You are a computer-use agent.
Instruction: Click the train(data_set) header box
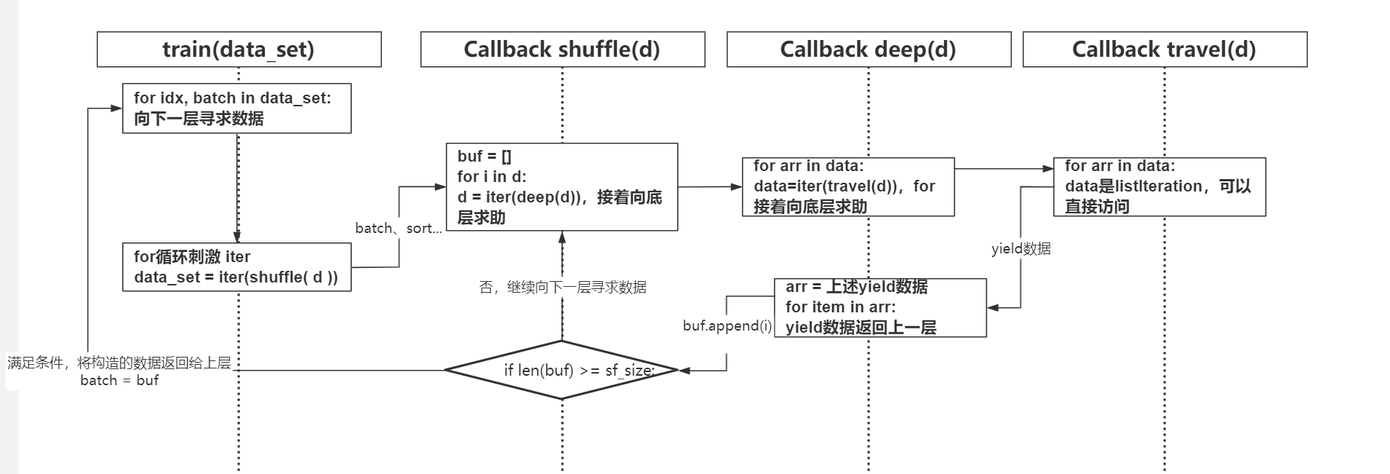pyautogui.click(x=239, y=50)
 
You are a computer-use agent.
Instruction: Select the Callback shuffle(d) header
pyautogui.click(x=562, y=50)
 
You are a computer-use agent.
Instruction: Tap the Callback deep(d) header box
pyautogui.click(x=868, y=50)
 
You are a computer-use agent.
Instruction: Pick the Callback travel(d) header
pyautogui.click(x=1165, y=50)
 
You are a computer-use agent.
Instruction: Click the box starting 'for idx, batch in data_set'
pyautogui.click(x=236, y=108)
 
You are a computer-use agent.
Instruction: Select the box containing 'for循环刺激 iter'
pyautogui.click(x=236, y=267)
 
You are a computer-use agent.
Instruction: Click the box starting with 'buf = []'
pyautogui.click(x=562, y=187)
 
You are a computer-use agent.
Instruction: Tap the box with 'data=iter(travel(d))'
pyautogui.click(x=848, y=186)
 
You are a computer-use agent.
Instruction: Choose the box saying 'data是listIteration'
pyautogui.click(x=1159, y=186)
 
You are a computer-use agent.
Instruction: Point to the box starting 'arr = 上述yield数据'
pyautogui.click(x=880, y=307)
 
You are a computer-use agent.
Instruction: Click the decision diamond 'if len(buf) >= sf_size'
pyautogui.click(x=562, y=370)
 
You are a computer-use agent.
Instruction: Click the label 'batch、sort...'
pyautogui.click(x=398, y=229)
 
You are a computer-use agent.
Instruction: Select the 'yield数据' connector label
pyautogui.click(x=1020, y=249)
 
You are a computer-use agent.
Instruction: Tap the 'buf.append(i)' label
pyautogui.click(x=727, y=326)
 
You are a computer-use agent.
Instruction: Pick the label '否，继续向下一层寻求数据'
pyautogui.click(x=562, y=288)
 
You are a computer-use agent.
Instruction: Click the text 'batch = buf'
pyautogui.click(x=119, y=380)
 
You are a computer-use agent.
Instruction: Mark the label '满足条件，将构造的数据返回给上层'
pyautogui.click(x=119, y=363)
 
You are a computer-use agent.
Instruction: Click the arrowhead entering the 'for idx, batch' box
pyautogui.click(x=116, y=108)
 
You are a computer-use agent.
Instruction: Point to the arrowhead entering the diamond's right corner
pyautogui.click(x=684, y=371)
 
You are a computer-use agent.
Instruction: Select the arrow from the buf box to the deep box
pyautogui.click(x=709, y=187)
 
